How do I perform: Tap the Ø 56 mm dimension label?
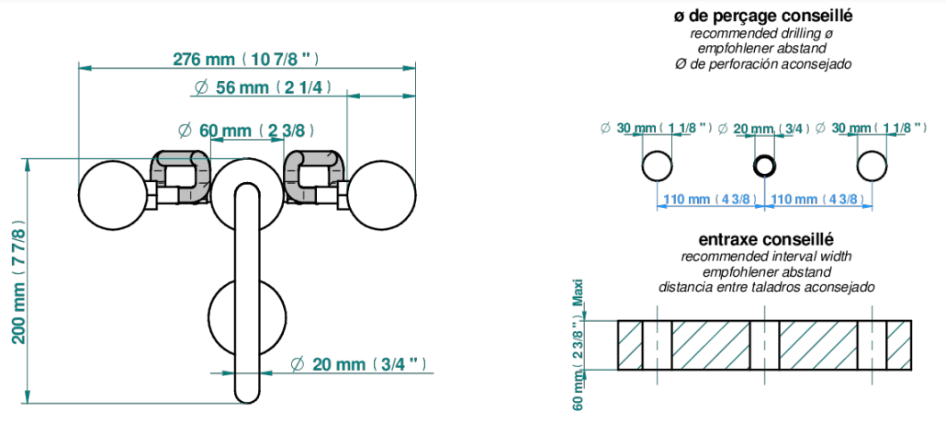[x=263, y=87]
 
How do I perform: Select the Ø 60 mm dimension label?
[x=246, y=130]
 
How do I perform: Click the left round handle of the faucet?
[x=115, y=194]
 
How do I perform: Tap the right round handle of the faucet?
[x=380, y=194]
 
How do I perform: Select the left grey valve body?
[x=180, y=175]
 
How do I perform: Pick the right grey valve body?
[x=315, y=175]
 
